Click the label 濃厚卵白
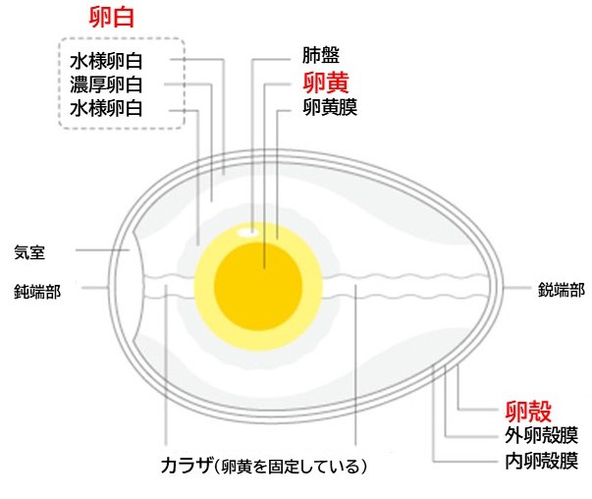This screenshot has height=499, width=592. (107, 84)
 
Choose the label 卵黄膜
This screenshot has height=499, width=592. (332, 105)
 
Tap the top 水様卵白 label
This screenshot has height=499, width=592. (107, 60)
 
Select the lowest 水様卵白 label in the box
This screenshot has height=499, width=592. (107, 108)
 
